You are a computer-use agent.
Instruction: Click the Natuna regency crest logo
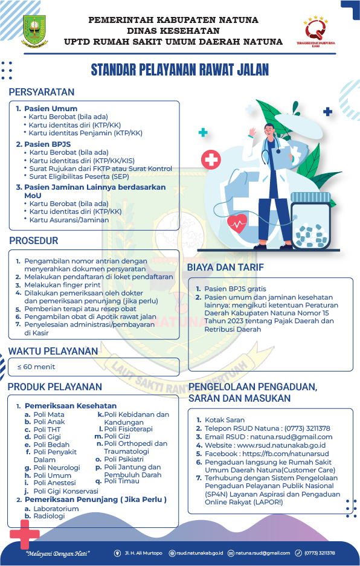pos(34,31)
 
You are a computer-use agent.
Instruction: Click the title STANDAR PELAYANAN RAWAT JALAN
pos(179,70)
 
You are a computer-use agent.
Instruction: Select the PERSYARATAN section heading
pos(42,92)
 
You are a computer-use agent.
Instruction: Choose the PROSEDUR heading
pos(34,240)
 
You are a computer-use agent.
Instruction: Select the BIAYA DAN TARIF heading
pos(225,267)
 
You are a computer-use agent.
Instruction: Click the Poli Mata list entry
pos(49,415)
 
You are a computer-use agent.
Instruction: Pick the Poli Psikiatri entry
pos(124,459)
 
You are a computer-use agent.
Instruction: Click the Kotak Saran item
pos(225,420)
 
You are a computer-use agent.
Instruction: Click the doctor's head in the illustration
pos(269,130)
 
